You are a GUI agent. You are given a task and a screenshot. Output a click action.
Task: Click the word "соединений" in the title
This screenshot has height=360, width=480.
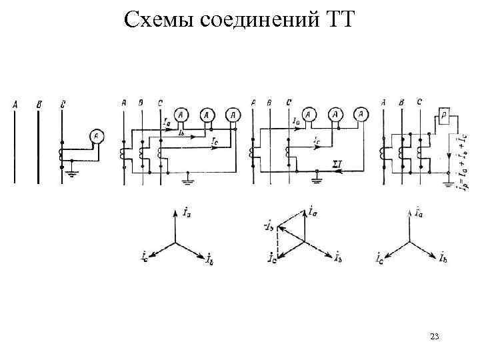point(256,20)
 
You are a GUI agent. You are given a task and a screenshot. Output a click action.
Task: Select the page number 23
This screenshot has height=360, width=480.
point(434,336)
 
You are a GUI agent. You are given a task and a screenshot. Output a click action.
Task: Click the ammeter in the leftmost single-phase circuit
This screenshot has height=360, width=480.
point(96,137)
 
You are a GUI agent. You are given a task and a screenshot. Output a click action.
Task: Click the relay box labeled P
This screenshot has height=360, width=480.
point(445,115)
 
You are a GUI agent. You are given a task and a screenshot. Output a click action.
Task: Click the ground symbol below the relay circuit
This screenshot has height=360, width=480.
point(445,177)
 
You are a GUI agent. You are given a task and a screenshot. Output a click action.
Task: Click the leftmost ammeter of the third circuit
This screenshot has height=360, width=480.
point(309,115)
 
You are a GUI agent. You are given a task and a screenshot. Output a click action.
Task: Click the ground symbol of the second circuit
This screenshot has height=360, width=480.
point(191,177)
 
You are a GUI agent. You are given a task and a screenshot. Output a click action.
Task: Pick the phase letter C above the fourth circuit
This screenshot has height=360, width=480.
point(418,102)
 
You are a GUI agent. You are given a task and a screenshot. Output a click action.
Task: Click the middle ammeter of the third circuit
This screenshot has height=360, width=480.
point(336,115)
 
